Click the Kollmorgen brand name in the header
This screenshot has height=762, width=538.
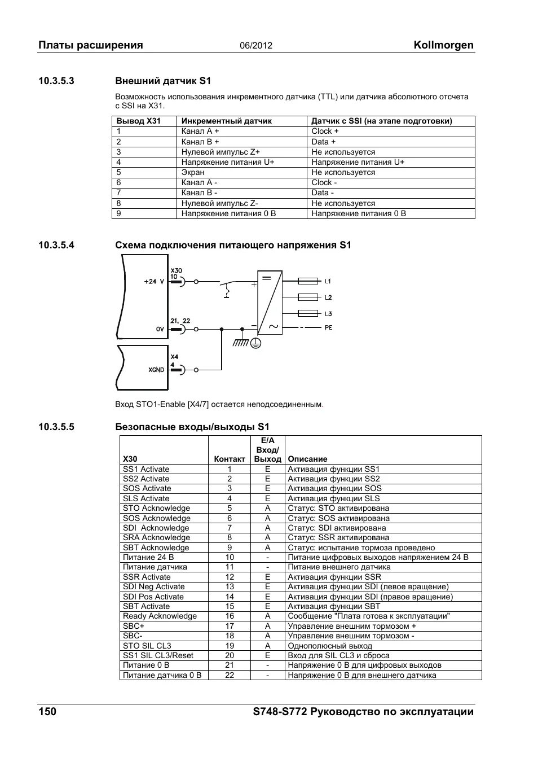pyautogui.click(x=443, y=45)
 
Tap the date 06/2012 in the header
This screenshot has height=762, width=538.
pyautogui.click(x=256, y=46)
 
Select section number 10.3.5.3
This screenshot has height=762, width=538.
pyautogui.click(x=56, y=81)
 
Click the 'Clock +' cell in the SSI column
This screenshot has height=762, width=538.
pyautogui.click(x=325, y=131)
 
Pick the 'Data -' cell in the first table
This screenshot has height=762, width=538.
pyautogui.click(x=323, y=192)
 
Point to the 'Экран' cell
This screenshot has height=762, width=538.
pyautogui.click(x=193, y=172)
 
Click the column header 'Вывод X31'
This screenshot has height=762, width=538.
pyautogui.click(x=139, y=121)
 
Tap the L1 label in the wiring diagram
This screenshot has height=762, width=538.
pyautogui.click(x=328, y=281)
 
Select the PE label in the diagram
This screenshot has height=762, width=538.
pyautogui.click(x=328, y=327)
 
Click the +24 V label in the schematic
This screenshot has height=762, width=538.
pyautogui.click(x=154, y=281)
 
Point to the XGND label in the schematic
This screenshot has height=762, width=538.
pyautogui.click(x=156, y=370)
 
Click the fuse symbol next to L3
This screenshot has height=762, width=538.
pyautogui.click(x=308, y=313)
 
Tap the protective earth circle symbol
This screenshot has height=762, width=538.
pyautogui.click(x=255, y=343)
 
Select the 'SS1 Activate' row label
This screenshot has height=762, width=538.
pyautogui.click(x=146, y=469)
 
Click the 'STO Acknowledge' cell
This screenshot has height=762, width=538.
pyautogui.click(x=156, y=508)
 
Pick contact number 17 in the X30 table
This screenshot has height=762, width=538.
pyautogui.click(x=230, y=626)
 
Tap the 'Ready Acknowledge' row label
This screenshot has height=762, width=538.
pyautogui.click(x=160, y=616)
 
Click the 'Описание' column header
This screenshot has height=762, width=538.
pyautogui.click(x=307, y=459)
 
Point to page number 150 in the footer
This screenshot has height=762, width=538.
pyautogui.click(x=47, y=712)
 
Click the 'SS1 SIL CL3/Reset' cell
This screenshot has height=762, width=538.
pyautogui.click(x=158, y=655)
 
